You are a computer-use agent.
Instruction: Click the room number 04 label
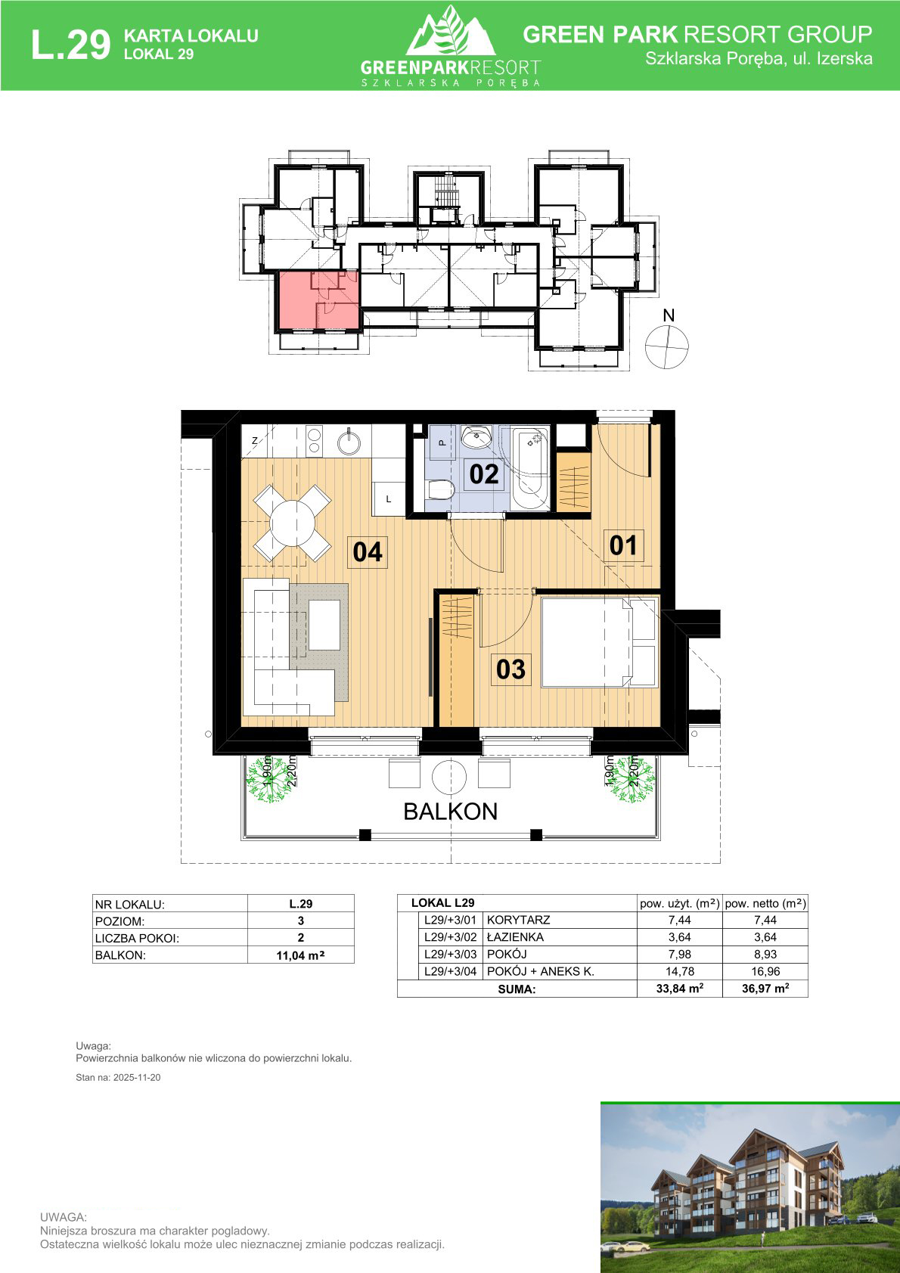tap(368, 552)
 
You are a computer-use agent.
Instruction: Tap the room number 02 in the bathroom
tap(483, 474)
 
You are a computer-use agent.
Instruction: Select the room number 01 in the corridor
tap(623, 545)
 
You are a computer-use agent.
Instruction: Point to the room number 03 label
tap(511, 669)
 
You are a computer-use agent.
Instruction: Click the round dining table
tap(292, 523)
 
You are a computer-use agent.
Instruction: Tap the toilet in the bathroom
tap(439, 489)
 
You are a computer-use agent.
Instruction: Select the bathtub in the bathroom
tap(531, 468)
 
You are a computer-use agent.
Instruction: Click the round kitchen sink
tap(349, 442)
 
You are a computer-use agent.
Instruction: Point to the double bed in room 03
tap(600, 642)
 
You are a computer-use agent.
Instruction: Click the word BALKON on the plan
tap(451, 812)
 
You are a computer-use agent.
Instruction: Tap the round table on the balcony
tap(448, 776)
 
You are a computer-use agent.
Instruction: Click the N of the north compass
tap(669, 315)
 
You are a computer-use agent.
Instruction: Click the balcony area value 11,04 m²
tap(300, 955)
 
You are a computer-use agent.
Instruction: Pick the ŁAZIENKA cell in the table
tap(515, 936)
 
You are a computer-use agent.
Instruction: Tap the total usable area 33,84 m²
tap(680, 989)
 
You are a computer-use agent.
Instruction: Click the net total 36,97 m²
tap(765, 989)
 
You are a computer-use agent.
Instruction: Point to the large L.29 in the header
tap(70, 45)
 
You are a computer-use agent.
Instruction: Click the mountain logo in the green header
tap(450, 31)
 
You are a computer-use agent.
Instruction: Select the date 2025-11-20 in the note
tap(137, 1078)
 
